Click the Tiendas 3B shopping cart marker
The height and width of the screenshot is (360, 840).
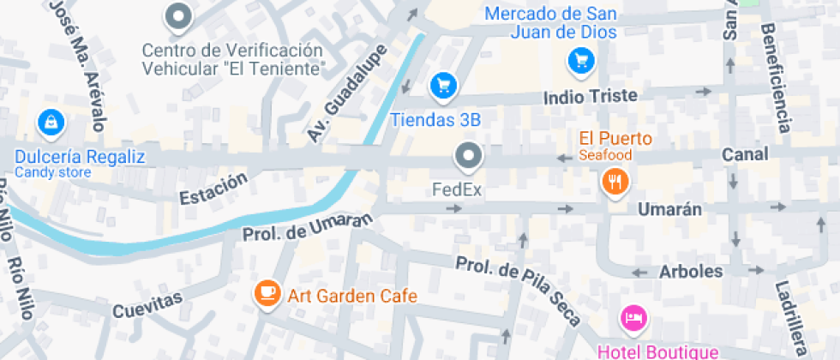[x=443, y=85]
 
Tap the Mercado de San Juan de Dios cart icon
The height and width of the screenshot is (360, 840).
[x=581, y=60]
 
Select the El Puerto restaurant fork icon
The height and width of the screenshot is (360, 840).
[x=615, y=181]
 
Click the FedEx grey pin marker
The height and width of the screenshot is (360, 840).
[x=468, y=156]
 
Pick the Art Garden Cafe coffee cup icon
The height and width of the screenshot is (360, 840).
[x=267, y=293]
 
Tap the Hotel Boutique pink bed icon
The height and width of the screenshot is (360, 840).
[x=633, y=319]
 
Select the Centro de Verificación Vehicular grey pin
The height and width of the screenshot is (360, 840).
[x=179, y=15]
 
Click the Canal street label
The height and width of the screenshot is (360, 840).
[x=744, y=154]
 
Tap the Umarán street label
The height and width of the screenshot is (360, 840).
[x=669, y=209]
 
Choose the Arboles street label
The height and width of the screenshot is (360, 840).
[x=690, y=272]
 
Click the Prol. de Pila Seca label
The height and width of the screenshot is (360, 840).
[x=519, y=291]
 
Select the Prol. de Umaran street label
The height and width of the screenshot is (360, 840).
[x=309, y=226]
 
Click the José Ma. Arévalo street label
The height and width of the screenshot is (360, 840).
[x=76, y=63]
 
